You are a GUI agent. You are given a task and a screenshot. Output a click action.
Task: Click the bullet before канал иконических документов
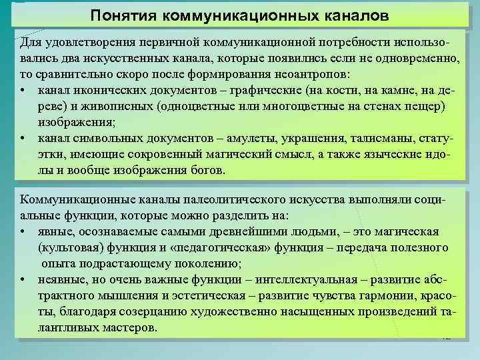23,90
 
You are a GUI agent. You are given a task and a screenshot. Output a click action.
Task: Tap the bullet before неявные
23,279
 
